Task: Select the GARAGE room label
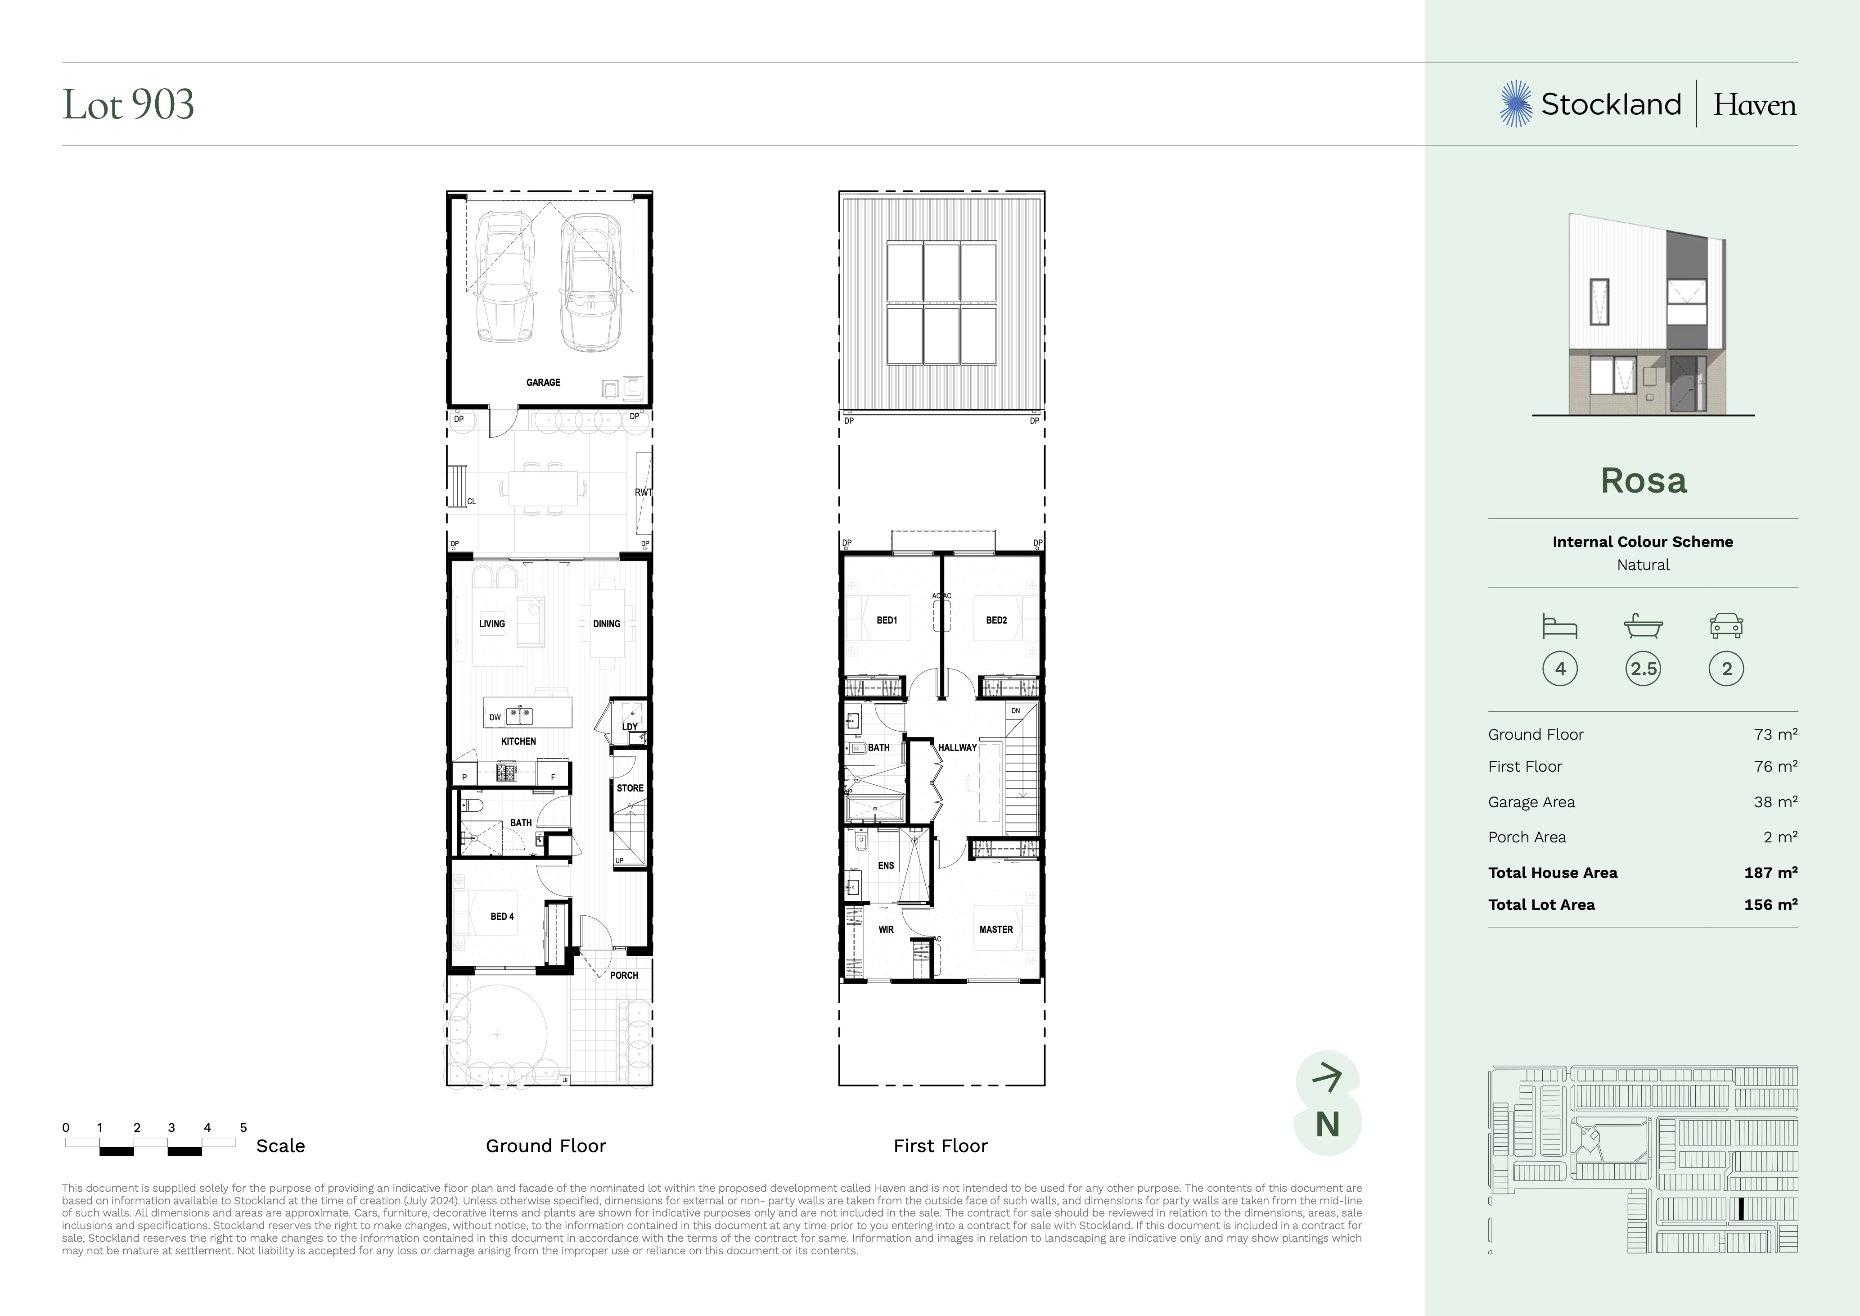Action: coord(543,383)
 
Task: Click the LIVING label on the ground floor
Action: coord(492,624)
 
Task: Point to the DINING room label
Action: coord(607,624)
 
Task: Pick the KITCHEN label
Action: coord(518,742)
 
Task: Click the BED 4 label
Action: coord(502,917)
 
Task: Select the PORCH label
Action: coord(624,976)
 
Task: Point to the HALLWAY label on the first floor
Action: coord(958,748)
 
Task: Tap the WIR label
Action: coord(886,929)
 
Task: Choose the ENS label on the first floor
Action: coord(886,865)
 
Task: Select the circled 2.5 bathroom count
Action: coord(1644,669)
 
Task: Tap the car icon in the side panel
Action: coord(1726,626)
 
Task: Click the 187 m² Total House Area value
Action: coord(1771,873)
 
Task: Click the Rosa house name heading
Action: coord(1644,480)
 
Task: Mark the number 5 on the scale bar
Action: coord(243,1127)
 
